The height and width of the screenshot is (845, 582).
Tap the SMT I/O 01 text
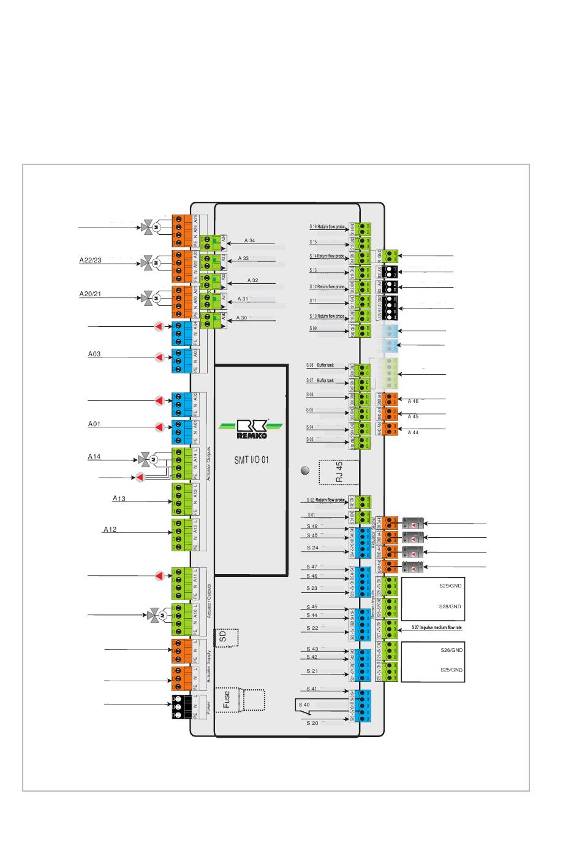pyautogui.click(x=251, y=460)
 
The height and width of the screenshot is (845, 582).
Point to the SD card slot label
pyautogui.click(x=224, y=637)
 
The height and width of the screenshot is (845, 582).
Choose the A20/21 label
pyautogui.click(x=90, y=294)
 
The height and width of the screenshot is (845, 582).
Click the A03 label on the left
pyautogui.click(x=94, y=354)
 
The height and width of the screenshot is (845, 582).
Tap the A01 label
pyautogui.click(x=94, y=424)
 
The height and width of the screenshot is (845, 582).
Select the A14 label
pyautogui.click(x=94, y=457)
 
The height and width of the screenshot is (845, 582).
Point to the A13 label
pyautogui.click(x=119, y=499)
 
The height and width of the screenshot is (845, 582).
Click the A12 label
pyautogui.click(x=110, y=529)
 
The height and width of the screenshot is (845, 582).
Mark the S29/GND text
pyautogui.click(x=450, y=586)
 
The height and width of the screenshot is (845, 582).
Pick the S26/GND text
pyautogui.click(x=452, y=650)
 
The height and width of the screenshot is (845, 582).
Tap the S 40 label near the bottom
pyautogui.click(x=304, y=705)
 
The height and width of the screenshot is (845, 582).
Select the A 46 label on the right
pyautogui.click(x=414, y=402)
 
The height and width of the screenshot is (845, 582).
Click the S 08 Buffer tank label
pyautogui.click(x=320, y=365)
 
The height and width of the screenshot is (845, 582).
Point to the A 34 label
pyautogui.click(x=249, y=241)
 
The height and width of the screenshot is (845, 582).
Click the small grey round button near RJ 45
pyautogui.click(x=306, y=470)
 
